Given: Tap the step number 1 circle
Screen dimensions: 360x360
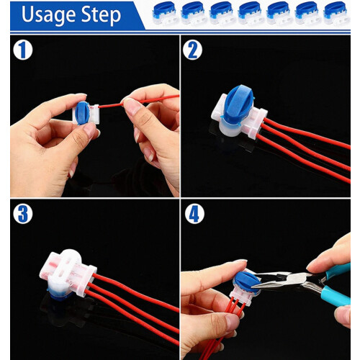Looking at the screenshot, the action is tap(23, 50).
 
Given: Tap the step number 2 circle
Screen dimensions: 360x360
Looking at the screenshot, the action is tap(192, 50).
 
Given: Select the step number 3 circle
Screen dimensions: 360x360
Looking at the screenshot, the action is tap(23, 214).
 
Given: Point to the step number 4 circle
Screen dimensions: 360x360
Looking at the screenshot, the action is tap(194, 214).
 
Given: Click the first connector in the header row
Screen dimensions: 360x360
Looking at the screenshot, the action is tap(165, 13).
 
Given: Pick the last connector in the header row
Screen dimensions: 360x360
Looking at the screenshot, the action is tap(337, 13).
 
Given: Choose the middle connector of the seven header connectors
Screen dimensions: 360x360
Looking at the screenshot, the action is tap(251, 13).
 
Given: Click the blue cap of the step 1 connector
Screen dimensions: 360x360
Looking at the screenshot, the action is tap(82, 113).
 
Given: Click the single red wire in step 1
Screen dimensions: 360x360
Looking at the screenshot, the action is tap(139, 102).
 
